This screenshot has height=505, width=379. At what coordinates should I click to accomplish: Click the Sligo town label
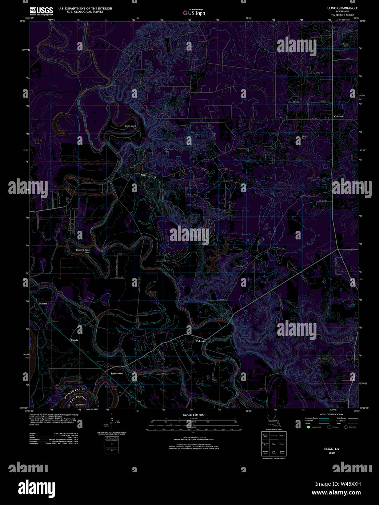click(143, 175)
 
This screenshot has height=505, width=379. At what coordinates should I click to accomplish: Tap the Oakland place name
click(339, 116)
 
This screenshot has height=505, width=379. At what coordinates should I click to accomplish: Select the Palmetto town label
click(201, 341)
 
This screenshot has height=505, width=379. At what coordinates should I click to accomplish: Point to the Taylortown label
click(117, 373)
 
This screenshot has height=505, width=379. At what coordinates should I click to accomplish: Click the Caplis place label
click(75, 340)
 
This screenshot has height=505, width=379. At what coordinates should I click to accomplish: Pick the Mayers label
click(43, 303)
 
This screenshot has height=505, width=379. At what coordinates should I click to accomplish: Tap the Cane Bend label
click(130, 126)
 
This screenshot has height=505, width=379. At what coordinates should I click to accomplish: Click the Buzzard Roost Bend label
click(83, 251)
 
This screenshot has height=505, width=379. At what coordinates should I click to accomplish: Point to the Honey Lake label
click(152, 293)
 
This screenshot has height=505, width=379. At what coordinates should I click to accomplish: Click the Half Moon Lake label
click(111, 388)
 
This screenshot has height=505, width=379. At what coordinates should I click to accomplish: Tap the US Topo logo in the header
click(194, 13)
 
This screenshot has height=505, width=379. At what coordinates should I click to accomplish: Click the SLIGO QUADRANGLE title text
click(342, 8)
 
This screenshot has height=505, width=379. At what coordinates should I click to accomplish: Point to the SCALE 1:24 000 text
click(194, 415)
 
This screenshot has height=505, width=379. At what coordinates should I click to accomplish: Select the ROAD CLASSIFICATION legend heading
click(331, 415)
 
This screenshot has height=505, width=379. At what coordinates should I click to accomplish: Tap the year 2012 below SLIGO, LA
click(331, 453)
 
